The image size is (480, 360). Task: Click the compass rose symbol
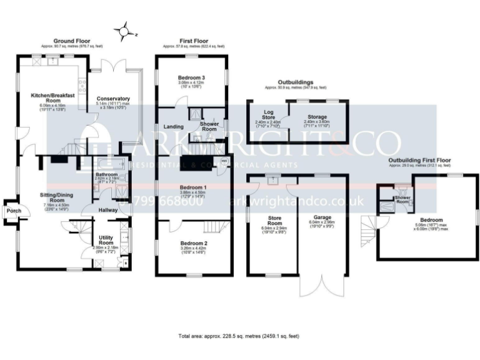click(126, 30)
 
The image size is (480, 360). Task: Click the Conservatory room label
click(112, 99)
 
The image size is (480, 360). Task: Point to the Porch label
click(13, 211)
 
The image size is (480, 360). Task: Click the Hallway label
click(107, 211)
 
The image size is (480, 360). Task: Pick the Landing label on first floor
click(173, 127)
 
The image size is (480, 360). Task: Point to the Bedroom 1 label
click(193, 187)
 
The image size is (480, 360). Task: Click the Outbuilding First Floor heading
click(419, 160)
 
